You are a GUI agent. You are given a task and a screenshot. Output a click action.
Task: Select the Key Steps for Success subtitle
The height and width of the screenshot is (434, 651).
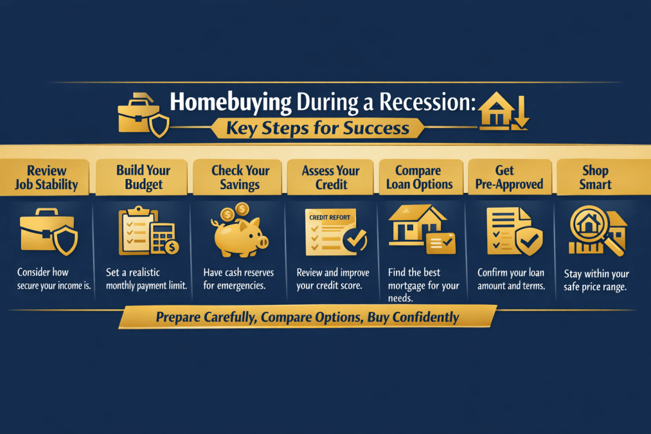pos(317,128)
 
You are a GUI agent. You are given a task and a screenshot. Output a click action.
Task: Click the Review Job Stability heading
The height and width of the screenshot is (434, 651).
pos(46,177)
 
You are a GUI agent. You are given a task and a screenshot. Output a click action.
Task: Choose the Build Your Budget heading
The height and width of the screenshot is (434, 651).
pos(143,177)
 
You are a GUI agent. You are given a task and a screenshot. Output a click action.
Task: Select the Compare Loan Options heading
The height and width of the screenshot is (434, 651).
pos(418,177)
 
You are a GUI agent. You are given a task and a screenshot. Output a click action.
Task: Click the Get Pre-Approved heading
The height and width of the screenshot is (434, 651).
pos(504,177)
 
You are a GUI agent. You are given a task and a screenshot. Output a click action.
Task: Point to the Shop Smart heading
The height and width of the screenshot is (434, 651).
pos(595,177)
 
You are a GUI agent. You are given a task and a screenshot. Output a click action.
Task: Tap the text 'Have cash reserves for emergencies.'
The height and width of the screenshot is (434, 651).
pos(238,279)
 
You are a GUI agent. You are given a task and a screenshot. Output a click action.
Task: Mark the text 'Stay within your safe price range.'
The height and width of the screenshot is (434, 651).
pos(596,280)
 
